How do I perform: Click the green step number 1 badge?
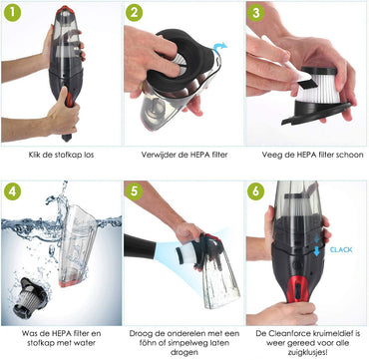pyautogui.click(x=13, y=14)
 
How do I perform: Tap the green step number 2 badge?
pyautogui.click(x=134, y=14)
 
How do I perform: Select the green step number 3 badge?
pyautogui.click(x=255, y=14)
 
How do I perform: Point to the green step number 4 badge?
pyautogui.click(x=13, y=191)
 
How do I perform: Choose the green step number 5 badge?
pyautogui.click(x=134, y=191)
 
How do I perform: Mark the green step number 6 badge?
pyautogui.click(x=255, y=191)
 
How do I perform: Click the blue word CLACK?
pyautogui.click(x=341, y=249)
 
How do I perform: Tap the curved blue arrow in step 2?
pyautogui.click(x=219, y=47)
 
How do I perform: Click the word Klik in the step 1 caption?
pyautogui.click(x=34, y=155)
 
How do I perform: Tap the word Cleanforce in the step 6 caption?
pyautogui.click(x=284, y=333)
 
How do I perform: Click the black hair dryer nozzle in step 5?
pyautogui.click(x=140, y=246)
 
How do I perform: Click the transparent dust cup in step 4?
pyautogui.click(x=78, y=245)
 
